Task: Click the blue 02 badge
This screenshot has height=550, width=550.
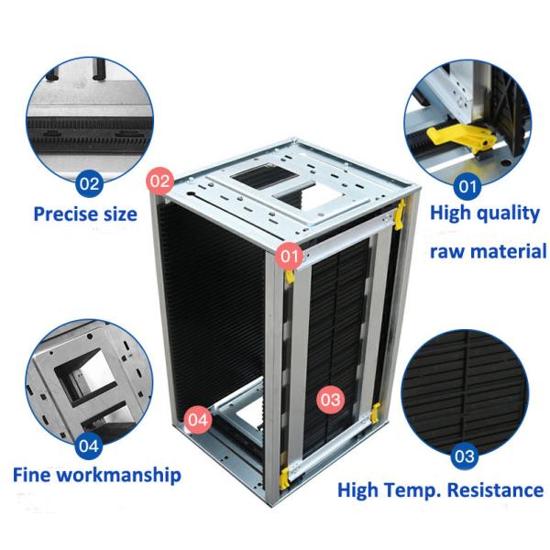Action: coord(89,183)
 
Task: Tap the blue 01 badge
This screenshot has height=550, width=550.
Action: coord(467,186)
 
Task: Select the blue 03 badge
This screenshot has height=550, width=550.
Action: coord(465,456)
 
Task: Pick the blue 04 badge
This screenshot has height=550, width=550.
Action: coord(89,446)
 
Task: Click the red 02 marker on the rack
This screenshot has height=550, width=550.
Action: coord(160,181)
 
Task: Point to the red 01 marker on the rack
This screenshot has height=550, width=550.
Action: coord(290,256)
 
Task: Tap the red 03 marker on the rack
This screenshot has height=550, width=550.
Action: coord(330,400)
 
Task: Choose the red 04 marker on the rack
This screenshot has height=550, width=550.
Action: coord(198,420)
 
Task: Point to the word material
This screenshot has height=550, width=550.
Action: coord(509,251)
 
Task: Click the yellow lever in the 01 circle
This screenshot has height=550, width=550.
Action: coord(462,139)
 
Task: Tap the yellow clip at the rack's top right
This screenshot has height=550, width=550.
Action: coord(400,214)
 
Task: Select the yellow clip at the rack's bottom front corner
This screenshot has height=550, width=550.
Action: coord(284,478)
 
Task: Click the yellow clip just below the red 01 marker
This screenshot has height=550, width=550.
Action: coord(290,276)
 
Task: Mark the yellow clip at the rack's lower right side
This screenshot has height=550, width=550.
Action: coord(376,412)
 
